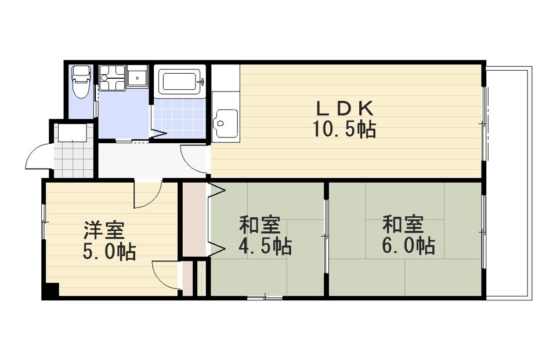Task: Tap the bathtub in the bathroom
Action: pos(180,82)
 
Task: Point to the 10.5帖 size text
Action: pos(344,129)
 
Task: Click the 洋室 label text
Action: pos(104,230)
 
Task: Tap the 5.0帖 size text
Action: pos(110,252)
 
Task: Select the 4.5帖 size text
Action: pos(265,246)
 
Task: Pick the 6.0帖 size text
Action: pos(408,246)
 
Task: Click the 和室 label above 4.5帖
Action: pos(260,224)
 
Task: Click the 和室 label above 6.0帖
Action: pos(403,224)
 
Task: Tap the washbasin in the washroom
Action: pos(137,77)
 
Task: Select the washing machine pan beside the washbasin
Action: pos(112,78)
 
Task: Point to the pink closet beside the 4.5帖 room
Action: pos(195,219)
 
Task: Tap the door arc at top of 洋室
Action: pos(148,195)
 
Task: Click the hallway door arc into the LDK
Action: pos(194,158)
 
